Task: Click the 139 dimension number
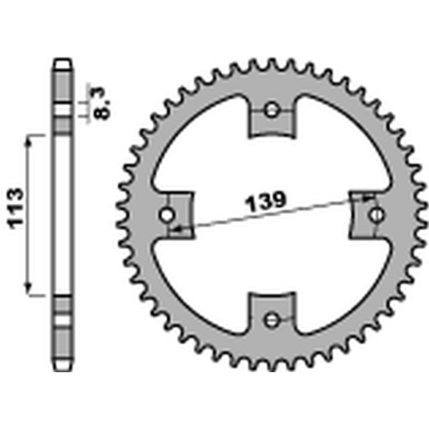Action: [265, 202]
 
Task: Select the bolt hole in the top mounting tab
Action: [272, 111]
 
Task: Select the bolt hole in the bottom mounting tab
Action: [272, 320]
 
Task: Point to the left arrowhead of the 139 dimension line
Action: [177, 230]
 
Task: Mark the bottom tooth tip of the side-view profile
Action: [63, 368]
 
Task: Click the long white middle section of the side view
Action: [63, 214]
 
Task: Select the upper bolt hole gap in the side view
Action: [63, 111]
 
